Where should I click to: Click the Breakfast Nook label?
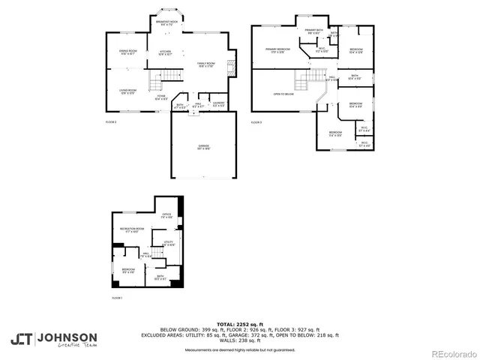(166, 23)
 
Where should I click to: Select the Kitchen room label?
(165, 52)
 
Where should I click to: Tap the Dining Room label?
(127, 52)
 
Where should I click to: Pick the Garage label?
(203, 146)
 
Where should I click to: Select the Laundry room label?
(218, 103)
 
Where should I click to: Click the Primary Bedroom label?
(278, 50)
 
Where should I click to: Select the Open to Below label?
(283, 94)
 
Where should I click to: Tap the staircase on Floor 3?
(307, 79)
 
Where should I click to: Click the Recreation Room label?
(132, 230)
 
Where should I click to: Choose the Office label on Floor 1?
(166, 215)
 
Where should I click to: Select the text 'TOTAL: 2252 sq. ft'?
(239, 324)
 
